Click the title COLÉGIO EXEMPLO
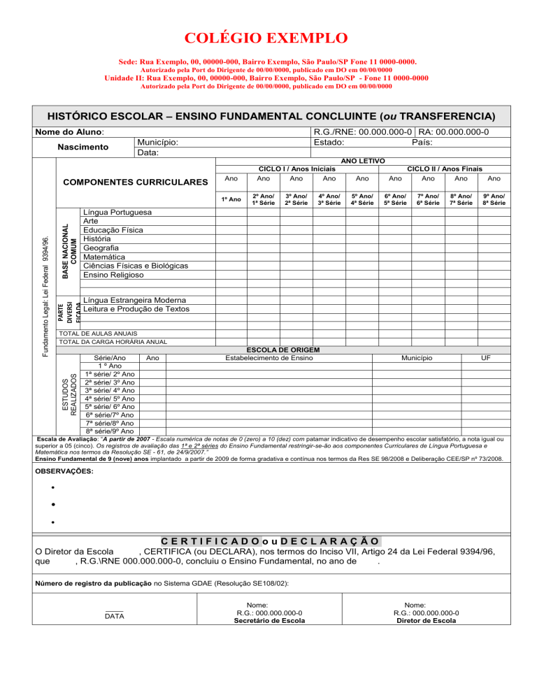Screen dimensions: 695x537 tap(268, 37)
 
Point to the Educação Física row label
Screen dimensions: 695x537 tap(113, 230)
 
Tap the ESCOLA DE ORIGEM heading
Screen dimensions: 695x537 tap(284, 349)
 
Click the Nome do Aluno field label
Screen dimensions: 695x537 tap(70, 131)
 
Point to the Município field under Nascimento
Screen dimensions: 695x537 tap(157, 142)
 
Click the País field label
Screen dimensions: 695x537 tap(422, 142)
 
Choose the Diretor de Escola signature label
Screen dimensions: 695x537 tap(426, 620)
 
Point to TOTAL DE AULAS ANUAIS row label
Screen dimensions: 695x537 tap(99, 334)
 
